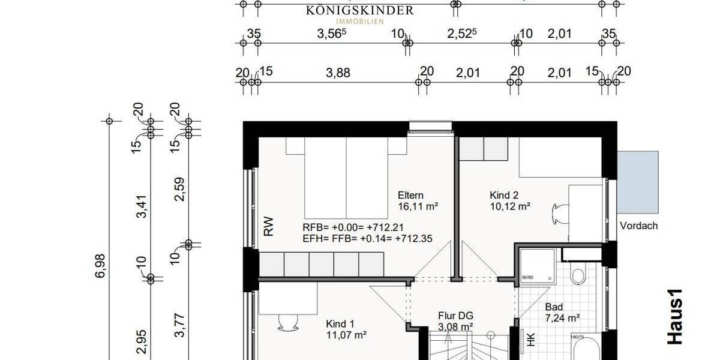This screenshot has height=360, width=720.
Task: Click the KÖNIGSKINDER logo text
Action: pyautogui.click(x=359, y=10)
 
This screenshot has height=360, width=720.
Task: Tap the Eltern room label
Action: pyautogui.click(x=410, y=195)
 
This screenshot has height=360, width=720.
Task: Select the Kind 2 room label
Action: pyautogui.click(x=503, y=195)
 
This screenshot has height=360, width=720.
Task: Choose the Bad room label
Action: pyautogui.click(x=554, y=307)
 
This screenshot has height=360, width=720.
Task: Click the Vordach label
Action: pyautogui.click(x=638, y=226)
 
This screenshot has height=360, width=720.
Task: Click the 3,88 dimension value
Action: pyautogui.click(x=338, y=73)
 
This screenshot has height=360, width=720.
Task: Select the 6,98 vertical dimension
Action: pyautogui.click(x=100, y=265)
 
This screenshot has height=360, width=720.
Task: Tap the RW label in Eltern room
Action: pyautogui.click(x=268, y=226)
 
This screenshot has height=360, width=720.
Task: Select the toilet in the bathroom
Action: pyautogui.click(x=578, y=275)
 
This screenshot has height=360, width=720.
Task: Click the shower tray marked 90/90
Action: pyautogui.click(x=538, y=264)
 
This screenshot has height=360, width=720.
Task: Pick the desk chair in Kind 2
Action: pyautogui.click(x=557, y=212)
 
